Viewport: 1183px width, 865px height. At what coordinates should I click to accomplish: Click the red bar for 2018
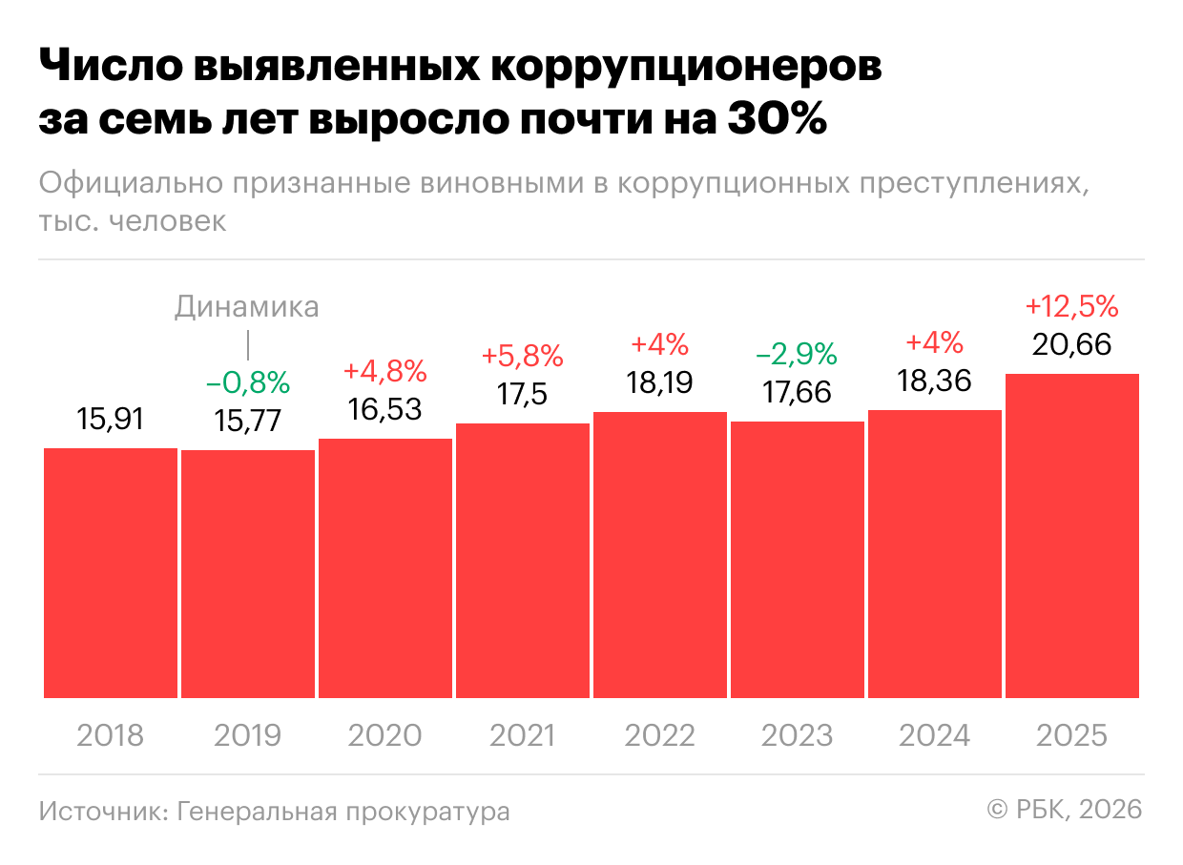click(111, 572)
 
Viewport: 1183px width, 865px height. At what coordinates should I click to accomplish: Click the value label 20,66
click(1072, 343)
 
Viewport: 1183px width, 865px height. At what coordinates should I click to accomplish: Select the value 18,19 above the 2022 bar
click(659, 382)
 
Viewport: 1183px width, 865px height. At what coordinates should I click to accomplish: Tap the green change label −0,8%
click(248, 383)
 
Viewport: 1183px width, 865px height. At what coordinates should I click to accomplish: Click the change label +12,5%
click(1071, 307)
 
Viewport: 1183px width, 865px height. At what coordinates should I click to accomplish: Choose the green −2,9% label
click(797, 355)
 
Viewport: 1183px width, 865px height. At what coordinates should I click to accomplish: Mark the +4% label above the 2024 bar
click(934, 343)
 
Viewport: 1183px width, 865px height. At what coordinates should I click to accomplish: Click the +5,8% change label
click(523, 357)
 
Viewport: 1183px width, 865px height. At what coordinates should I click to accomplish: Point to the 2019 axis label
click(248, 736)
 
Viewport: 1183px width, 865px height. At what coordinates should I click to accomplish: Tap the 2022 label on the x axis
click(659, 736)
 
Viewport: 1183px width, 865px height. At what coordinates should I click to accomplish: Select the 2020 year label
click(385, 736)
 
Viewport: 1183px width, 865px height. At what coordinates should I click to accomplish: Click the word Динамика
click(247, 307)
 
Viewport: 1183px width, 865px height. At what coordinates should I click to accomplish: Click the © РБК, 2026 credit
click(1064, 810)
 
